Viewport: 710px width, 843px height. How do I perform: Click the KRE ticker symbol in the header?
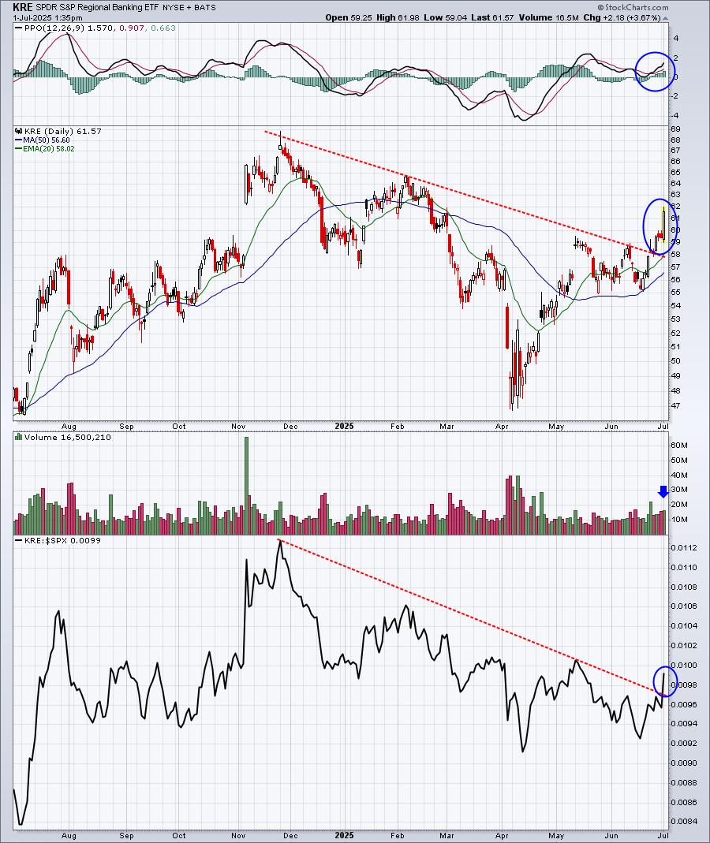[x=23, y=8]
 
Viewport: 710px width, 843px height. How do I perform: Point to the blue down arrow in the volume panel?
[x=663, y=491]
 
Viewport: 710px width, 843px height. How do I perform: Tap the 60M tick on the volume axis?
[x=679, y=445]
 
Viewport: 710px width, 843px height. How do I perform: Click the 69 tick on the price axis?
[x=675, y=129]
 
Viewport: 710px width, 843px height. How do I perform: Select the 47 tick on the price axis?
[x=675, y=405]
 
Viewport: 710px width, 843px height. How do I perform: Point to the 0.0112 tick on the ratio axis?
[x=683, y=548]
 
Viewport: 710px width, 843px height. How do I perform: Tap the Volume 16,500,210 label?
[x=67, y=437]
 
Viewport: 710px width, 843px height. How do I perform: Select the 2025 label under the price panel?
[x=344, y=427]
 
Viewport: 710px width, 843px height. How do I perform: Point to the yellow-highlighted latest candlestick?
[x=664, y=224]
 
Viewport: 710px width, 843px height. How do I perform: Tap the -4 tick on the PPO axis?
[x=675, y=116]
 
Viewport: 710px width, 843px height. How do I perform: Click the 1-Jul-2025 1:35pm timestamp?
[x=48, y=17]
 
